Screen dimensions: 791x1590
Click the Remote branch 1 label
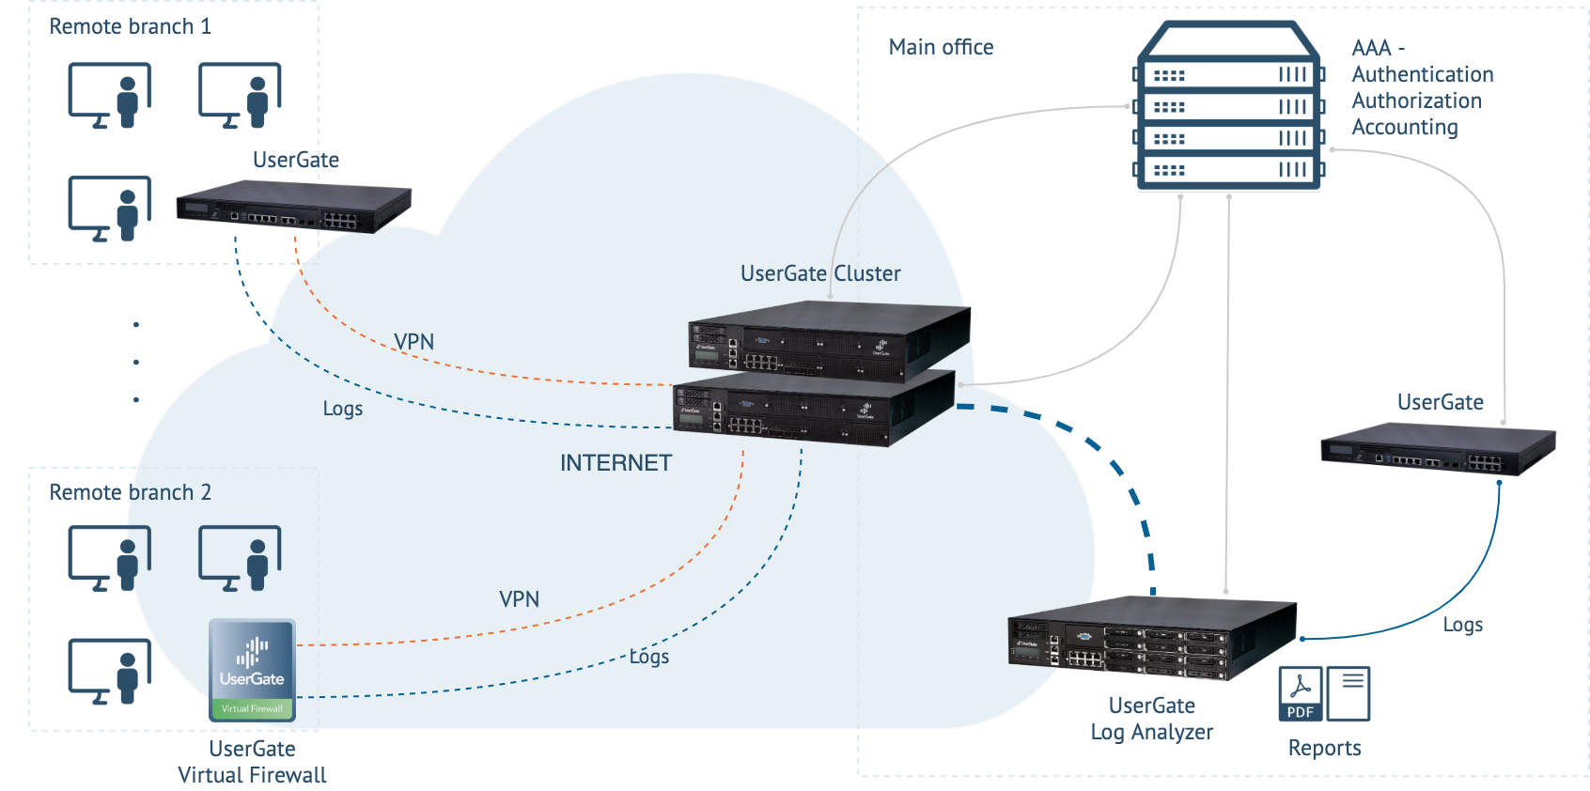click(130, 26)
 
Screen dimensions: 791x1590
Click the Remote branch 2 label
click(130, 492)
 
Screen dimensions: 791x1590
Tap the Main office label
click(941, 47)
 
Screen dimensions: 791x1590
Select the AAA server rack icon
click(1228, 108)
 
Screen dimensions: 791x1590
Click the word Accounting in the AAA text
click(1404, 127)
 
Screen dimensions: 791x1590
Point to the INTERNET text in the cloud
click(616, 463)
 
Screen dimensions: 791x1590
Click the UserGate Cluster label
click(819, 273)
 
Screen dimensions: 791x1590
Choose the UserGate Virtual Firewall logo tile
click(252, 670)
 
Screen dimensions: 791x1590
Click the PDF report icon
click(1301, 693)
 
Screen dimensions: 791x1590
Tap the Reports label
click(1324, 748)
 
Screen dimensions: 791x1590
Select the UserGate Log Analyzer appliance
click(1151, 638)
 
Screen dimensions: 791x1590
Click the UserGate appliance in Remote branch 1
click(293, 207)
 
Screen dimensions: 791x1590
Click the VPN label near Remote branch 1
click(413, 342)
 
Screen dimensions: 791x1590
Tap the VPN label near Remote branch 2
click(519, 599)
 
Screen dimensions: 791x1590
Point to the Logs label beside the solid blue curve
click(1462, 625)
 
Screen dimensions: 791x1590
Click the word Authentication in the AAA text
click(1422, 74)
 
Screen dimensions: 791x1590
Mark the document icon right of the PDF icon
click(1348, 693)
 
